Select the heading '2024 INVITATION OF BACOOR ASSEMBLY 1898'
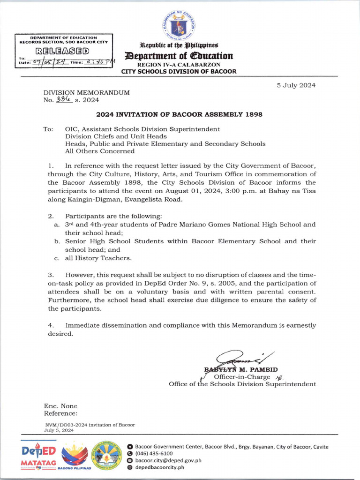click(179, 114)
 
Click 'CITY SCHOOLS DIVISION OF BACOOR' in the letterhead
click(179, 72)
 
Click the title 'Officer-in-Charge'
click(242, 377)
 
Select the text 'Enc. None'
click(60, 406)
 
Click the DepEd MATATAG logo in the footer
click(39, 455)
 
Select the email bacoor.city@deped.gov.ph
click(168, 460)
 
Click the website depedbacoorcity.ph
click(159, 467)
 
